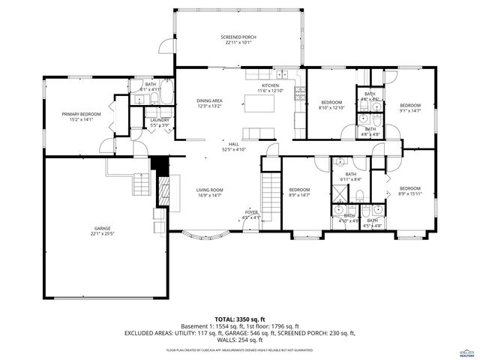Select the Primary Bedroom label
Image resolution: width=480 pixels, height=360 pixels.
(80, 113)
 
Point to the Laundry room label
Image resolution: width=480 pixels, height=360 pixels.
(159, 120)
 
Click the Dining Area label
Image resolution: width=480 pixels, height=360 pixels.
(209, 100)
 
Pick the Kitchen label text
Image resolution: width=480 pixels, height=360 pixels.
(270, 86)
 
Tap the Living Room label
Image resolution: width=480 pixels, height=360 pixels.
(210, 190)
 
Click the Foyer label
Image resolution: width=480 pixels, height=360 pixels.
(250, 212)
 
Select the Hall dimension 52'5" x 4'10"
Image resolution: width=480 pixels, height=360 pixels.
(233, 149)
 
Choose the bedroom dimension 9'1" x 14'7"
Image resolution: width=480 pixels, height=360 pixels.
(409, 111)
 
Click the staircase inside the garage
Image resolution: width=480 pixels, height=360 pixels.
(139, 182)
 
